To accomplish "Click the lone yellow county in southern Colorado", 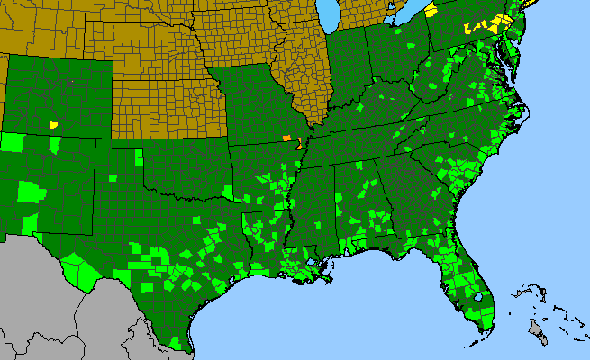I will pyautogui.click(x=53, y=124).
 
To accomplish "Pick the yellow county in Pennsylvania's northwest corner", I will pyautogui.click(x=431, y=9).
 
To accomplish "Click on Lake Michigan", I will pyautogui.click(x=331, y=13).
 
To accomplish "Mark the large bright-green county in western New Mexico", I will pyautogui.click(x=29, y=191).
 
